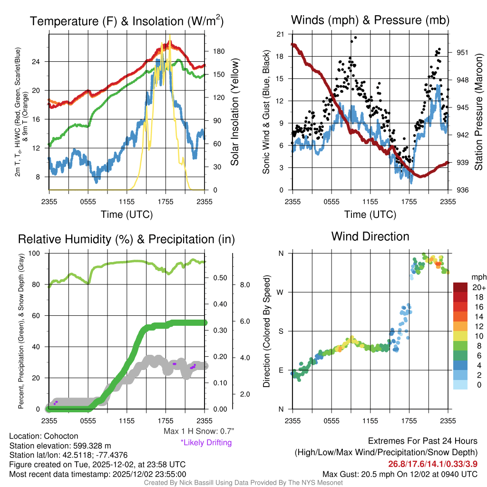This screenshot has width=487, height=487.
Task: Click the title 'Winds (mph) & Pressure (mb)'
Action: pyautogui.click(x=370, y=20)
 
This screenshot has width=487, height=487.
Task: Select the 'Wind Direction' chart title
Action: pyautogui.click(x=370, y=236)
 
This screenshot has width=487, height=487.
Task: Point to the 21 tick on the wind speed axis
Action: pyautogui.click(x=280, y=34)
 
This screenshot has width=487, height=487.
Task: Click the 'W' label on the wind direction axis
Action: pyautogui.click(x=281, y=292)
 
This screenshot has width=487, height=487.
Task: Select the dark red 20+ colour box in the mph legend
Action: pyautogui.click(x=460, y=287)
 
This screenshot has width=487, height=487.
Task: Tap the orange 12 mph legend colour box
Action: pyautogui.click(x=460, y=326)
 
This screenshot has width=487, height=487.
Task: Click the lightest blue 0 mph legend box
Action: pyautogui.click(x=460, y=385)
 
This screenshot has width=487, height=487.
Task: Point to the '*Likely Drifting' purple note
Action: pyautogui.click(x=206, y=442)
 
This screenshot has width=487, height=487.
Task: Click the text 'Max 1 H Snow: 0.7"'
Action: pyautogui.click(x=199, y=431)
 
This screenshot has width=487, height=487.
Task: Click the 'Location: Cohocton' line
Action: pyautogui.click(x=44, y=436)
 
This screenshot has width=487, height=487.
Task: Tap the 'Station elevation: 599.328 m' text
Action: pyautogui.click(x=60, y=446)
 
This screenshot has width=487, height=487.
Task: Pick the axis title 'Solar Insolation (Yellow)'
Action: pyautogui.click(x=234, y=112)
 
